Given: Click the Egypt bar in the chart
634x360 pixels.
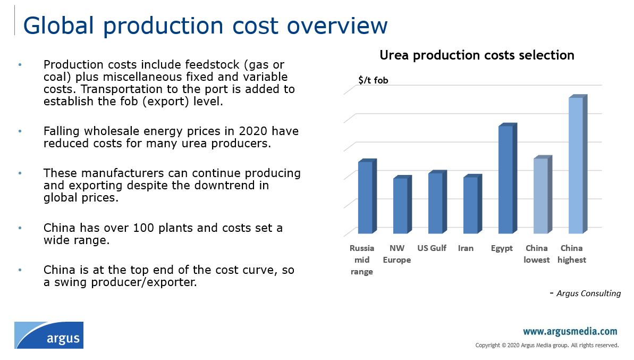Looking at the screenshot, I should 505,179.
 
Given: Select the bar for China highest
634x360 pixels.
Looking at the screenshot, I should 576,165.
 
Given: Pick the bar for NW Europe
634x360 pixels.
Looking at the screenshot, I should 400,205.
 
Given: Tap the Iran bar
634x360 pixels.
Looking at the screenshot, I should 470,205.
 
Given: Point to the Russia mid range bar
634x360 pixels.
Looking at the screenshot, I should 365,197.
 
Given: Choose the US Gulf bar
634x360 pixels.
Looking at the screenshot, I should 435,203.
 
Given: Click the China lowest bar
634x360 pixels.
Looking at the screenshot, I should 540,196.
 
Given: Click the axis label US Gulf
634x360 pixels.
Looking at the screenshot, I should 432,248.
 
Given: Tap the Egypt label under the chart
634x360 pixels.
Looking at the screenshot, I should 502,248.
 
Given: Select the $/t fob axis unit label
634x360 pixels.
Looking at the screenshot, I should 373,80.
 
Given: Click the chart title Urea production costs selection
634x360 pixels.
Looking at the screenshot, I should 477,55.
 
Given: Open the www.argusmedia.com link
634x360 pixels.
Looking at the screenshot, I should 570,332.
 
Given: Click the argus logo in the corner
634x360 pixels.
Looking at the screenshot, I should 49,335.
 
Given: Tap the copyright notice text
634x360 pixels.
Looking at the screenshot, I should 547,345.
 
